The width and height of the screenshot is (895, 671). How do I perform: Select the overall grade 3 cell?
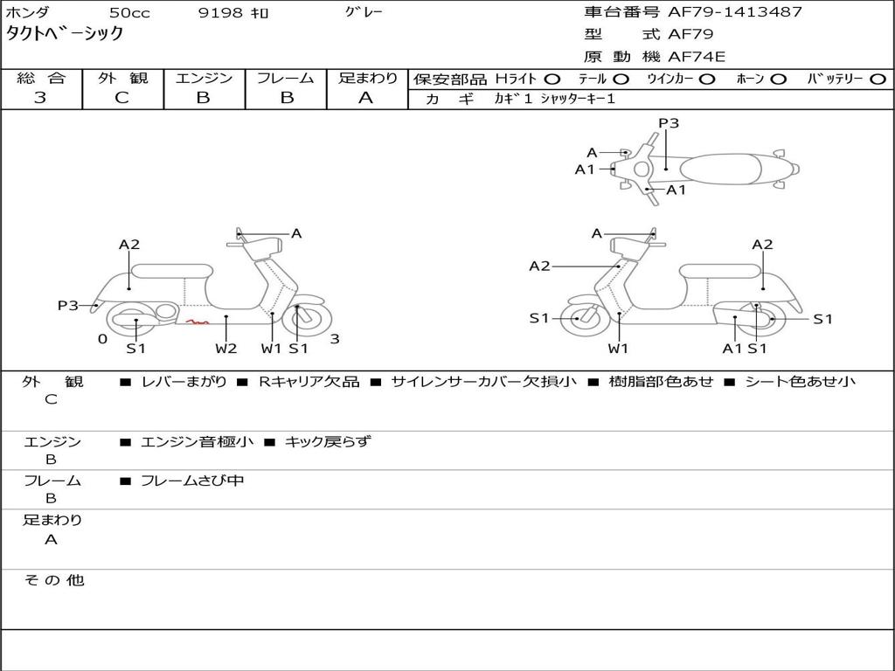tap(40, 98)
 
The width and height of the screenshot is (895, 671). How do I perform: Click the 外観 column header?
tap(122, 78)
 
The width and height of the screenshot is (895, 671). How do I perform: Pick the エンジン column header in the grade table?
tap(204, 78)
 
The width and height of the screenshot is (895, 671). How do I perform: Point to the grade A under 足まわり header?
tap(366, 98)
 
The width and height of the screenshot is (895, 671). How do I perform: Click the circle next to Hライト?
tap(552, 79)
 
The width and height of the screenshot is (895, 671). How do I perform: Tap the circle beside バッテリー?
tap(878, 79)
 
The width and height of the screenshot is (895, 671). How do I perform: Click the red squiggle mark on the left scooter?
tap(197, 322)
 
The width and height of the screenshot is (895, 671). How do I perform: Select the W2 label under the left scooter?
tap(226, 349)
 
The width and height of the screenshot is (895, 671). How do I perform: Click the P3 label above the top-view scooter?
tap(669, 123)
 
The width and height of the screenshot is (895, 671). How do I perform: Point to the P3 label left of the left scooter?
tap(68, 305)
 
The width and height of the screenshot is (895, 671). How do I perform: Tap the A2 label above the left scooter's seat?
tap(129, 245)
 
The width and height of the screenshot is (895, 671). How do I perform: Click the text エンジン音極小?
tap(197, 441)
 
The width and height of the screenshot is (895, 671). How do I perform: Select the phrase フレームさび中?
tap(192, 481)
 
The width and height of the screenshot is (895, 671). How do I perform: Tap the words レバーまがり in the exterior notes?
tap(184, 382)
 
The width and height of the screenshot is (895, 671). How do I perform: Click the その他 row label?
tap(53, 579)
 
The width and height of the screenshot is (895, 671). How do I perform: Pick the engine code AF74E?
tap(697, 57)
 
